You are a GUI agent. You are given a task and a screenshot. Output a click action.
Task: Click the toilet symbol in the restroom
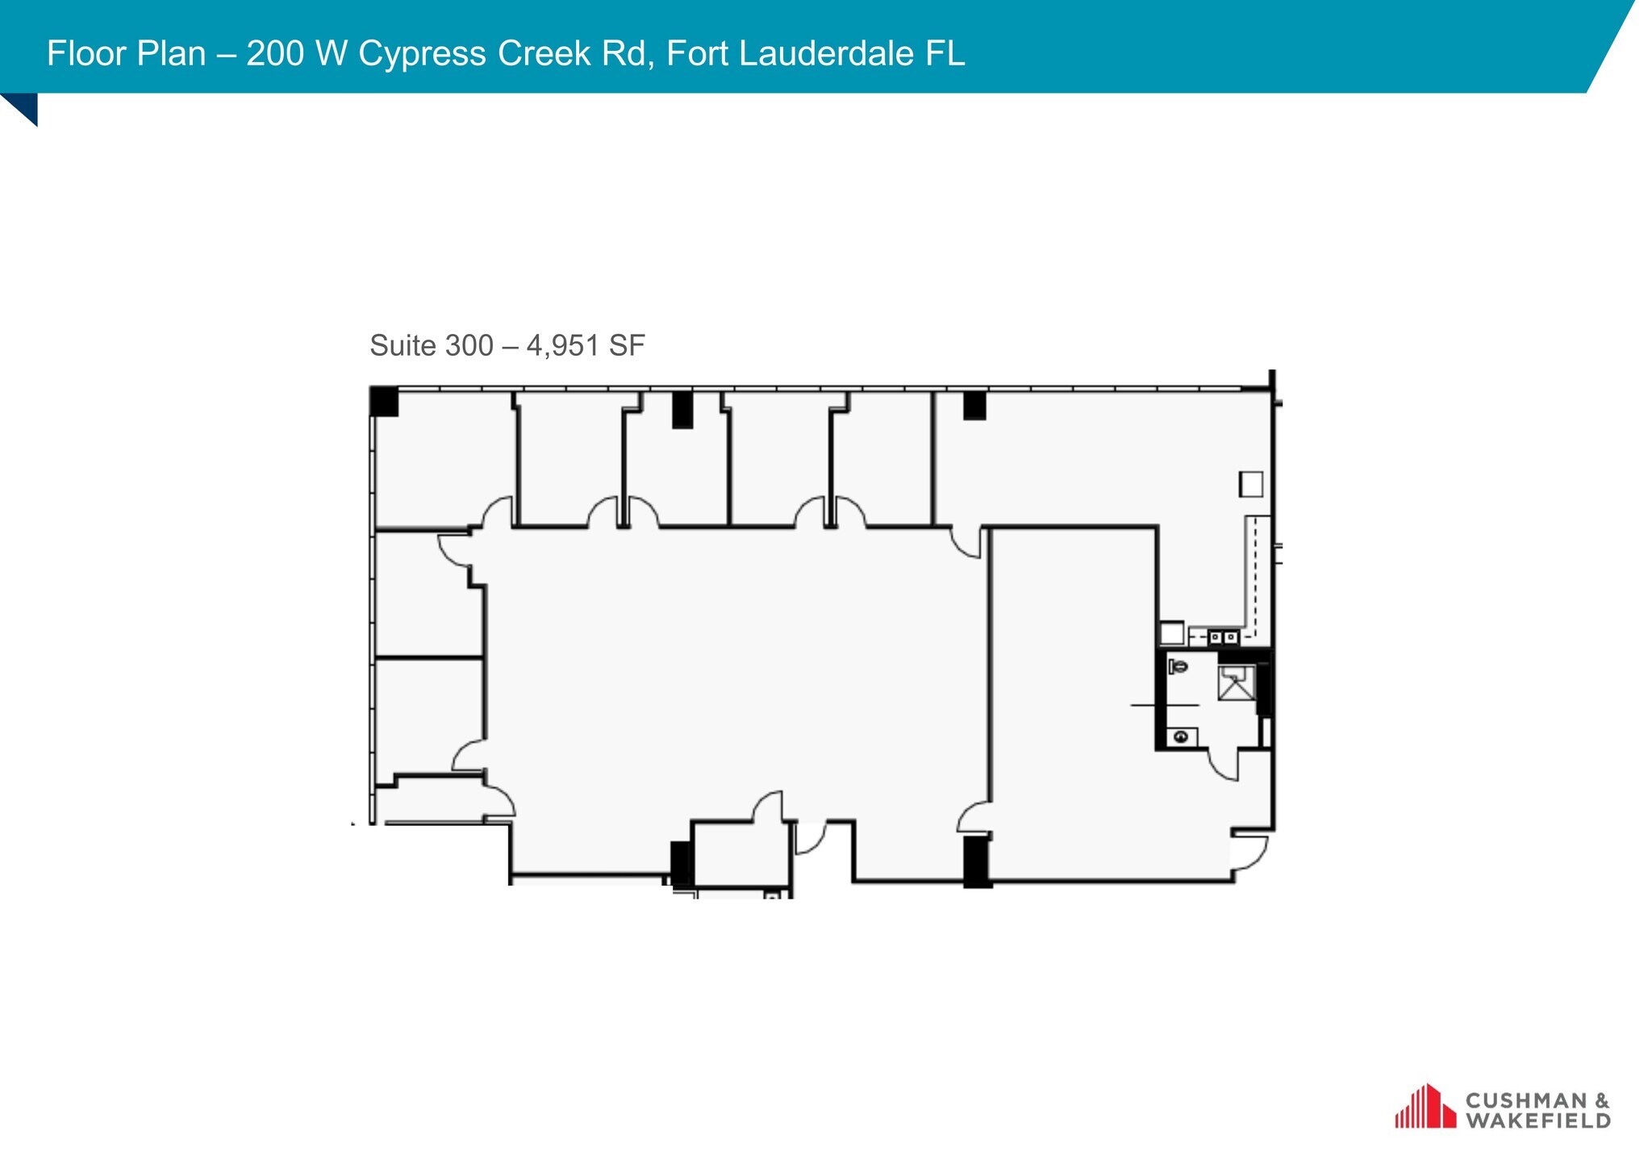[1179, 667]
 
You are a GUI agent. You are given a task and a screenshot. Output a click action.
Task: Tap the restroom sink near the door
[1181, 736]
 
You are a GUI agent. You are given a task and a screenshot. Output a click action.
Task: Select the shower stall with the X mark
[1236, 683]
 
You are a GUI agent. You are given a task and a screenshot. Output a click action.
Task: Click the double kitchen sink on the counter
[1223, 637]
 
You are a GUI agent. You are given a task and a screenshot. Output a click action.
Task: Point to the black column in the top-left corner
[384, 401]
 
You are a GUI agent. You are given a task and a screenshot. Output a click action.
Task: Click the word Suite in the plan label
[403, 345]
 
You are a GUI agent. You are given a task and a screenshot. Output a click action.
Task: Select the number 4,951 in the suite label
[563, 345]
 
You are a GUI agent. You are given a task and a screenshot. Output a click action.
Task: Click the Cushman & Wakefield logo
[1502, 1109]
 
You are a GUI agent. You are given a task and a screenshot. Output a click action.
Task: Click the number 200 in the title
[275, 53]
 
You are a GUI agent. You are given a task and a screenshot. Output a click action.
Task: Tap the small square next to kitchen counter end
[1251, 484]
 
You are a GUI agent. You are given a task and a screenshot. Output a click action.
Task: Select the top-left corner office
[444, 460]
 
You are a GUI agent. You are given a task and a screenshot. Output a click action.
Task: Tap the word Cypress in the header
[422, 53]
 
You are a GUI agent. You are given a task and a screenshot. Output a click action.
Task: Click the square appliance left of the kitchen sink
[1171, 632]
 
